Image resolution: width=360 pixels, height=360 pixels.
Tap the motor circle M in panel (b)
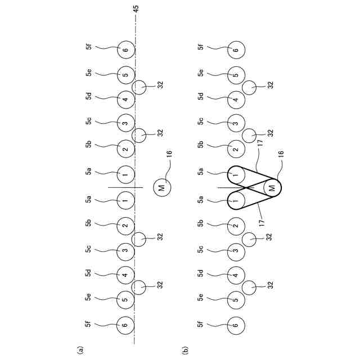[x=272, y=187]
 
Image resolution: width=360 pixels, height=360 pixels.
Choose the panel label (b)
[x=186, y=349]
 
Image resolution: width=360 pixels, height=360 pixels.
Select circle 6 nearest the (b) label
[x=236, y=325]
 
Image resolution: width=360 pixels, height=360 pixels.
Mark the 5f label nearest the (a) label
[x=89, y=325]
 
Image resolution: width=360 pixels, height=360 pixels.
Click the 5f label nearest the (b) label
[x=201, y=325]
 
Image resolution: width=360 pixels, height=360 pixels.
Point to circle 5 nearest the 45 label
[x=126, y=74]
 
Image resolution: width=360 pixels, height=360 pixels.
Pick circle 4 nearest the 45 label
[x=126, y=100]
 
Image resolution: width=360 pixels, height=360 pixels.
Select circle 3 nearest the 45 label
[x=126, y=123]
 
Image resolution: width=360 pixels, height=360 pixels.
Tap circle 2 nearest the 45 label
[x=126, y=148]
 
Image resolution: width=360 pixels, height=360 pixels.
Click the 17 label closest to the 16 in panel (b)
[x=259, y=145]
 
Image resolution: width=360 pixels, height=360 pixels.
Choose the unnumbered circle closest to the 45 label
[x=141, y=87]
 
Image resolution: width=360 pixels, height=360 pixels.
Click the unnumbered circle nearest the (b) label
[x=250, y=287]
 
